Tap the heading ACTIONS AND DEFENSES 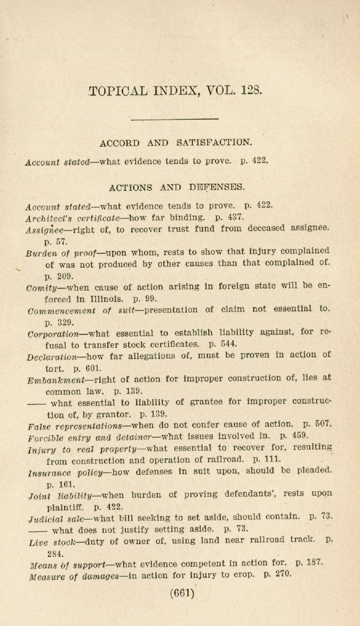(177, 187)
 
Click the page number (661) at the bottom (182, 593)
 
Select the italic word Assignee (44, 229)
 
